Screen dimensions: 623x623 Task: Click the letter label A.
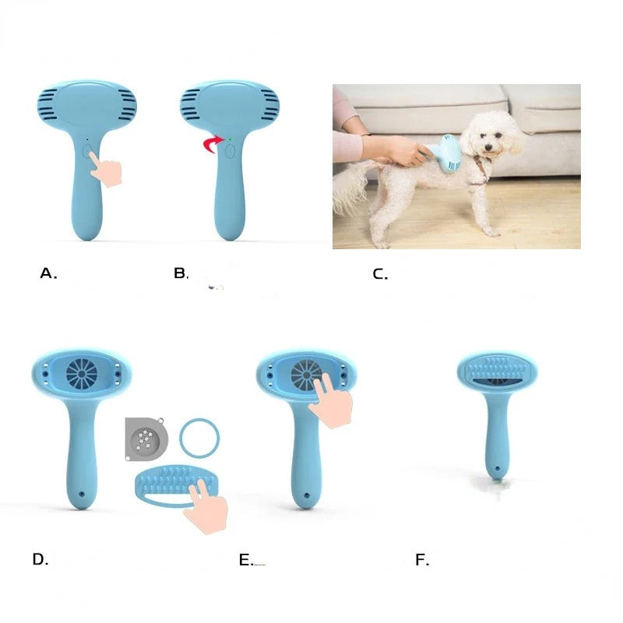(x=48, y=273)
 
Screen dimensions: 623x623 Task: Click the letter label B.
(x=181, y=273)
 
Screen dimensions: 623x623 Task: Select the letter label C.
(x=380, y=274)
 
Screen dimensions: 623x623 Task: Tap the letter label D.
(x=40, y=559)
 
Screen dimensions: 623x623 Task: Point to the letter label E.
(x=246, y=559)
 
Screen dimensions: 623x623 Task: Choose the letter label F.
(x=422, y=559)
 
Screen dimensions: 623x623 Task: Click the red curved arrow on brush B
(x=206, y=144)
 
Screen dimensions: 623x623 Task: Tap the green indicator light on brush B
(x=230, y=139)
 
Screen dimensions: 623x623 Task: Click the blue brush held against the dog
(x=446, y=150)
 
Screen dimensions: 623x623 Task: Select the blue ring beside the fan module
(x=199, y=438)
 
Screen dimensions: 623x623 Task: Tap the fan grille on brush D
(x=81, y=374)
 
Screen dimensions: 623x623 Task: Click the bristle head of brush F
(x=497, y=371)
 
